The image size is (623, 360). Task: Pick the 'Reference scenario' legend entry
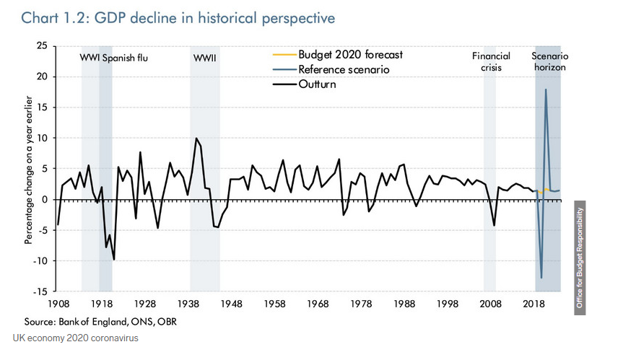(x=343, y=70)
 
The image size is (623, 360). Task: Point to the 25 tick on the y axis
(x=41, y=46)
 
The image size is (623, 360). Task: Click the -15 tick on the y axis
(x=40, y=291)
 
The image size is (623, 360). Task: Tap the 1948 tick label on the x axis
(x=232, y=304)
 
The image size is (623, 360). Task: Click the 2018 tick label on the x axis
(x=535, y=304)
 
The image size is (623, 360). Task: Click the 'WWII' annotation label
(x=205, y=56)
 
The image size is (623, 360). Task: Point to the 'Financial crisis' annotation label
(x=491, y=61)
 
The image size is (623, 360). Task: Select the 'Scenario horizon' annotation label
(x=549, y=61)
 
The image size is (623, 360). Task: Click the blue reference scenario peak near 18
(x=546, y=89)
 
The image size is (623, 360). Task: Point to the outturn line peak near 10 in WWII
(x=196, y=139)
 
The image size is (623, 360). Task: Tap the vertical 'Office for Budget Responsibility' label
(x=579, y=258)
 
